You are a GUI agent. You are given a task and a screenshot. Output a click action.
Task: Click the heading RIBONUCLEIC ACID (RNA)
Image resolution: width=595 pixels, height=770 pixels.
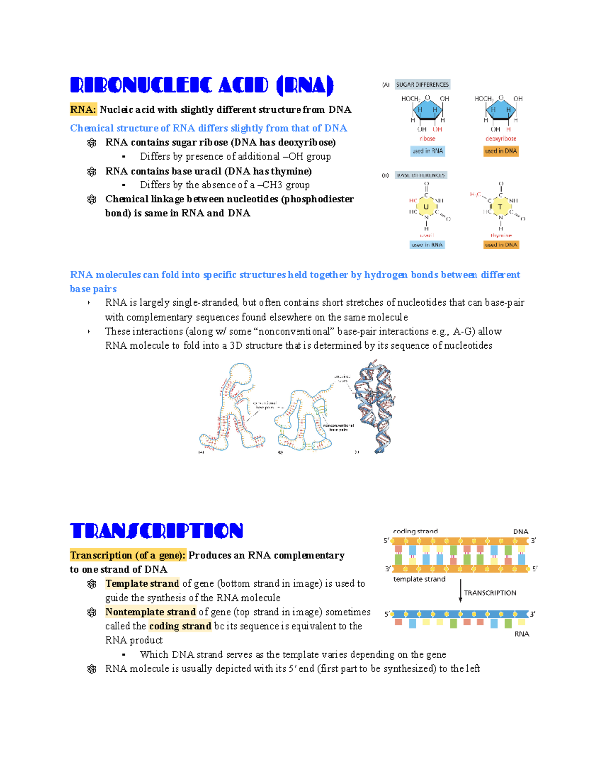pos(202,86)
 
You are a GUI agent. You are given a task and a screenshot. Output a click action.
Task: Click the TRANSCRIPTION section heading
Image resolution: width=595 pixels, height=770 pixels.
pos(157,531)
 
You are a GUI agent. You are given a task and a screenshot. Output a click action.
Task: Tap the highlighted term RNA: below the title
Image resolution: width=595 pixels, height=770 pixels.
pos(83,110)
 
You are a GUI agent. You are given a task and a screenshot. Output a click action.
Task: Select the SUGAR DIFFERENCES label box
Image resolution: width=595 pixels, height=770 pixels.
pos(422,85)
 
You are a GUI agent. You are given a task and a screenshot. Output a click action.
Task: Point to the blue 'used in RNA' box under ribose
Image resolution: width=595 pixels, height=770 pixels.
pos(427,151)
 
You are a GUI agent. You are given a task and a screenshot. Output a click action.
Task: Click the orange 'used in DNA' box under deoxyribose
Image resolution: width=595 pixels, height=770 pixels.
pos(501,151)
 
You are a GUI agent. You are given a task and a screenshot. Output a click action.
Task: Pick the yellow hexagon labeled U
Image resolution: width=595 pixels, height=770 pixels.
pos(426,207)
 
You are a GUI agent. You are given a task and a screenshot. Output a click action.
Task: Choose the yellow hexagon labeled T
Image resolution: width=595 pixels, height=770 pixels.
pos(500,207)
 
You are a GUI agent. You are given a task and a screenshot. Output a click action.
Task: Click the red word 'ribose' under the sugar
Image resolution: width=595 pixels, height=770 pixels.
pos(427,139)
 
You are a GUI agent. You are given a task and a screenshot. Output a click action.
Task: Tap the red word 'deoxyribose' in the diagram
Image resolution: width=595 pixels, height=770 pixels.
pos(501,139)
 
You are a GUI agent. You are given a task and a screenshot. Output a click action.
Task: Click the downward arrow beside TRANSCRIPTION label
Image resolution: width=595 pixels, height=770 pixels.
pos(460,591)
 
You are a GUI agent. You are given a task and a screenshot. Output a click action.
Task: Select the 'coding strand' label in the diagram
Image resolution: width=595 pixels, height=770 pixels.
pos(415,531)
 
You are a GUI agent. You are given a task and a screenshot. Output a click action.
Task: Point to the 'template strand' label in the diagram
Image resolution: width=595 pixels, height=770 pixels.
pos(419,579)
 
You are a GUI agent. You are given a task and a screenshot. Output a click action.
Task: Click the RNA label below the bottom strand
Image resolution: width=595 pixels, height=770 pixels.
pos(522,634)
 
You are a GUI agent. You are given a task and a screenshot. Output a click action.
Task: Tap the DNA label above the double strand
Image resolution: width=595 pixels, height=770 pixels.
pos(520,532)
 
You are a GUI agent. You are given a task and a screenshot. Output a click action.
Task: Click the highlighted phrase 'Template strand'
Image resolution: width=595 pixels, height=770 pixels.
pos(142,584)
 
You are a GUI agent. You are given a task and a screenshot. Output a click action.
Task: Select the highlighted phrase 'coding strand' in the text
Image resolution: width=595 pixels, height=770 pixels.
pos(180,626)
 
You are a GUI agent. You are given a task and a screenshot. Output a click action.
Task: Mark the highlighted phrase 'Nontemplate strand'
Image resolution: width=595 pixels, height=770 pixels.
pos(150,612)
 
